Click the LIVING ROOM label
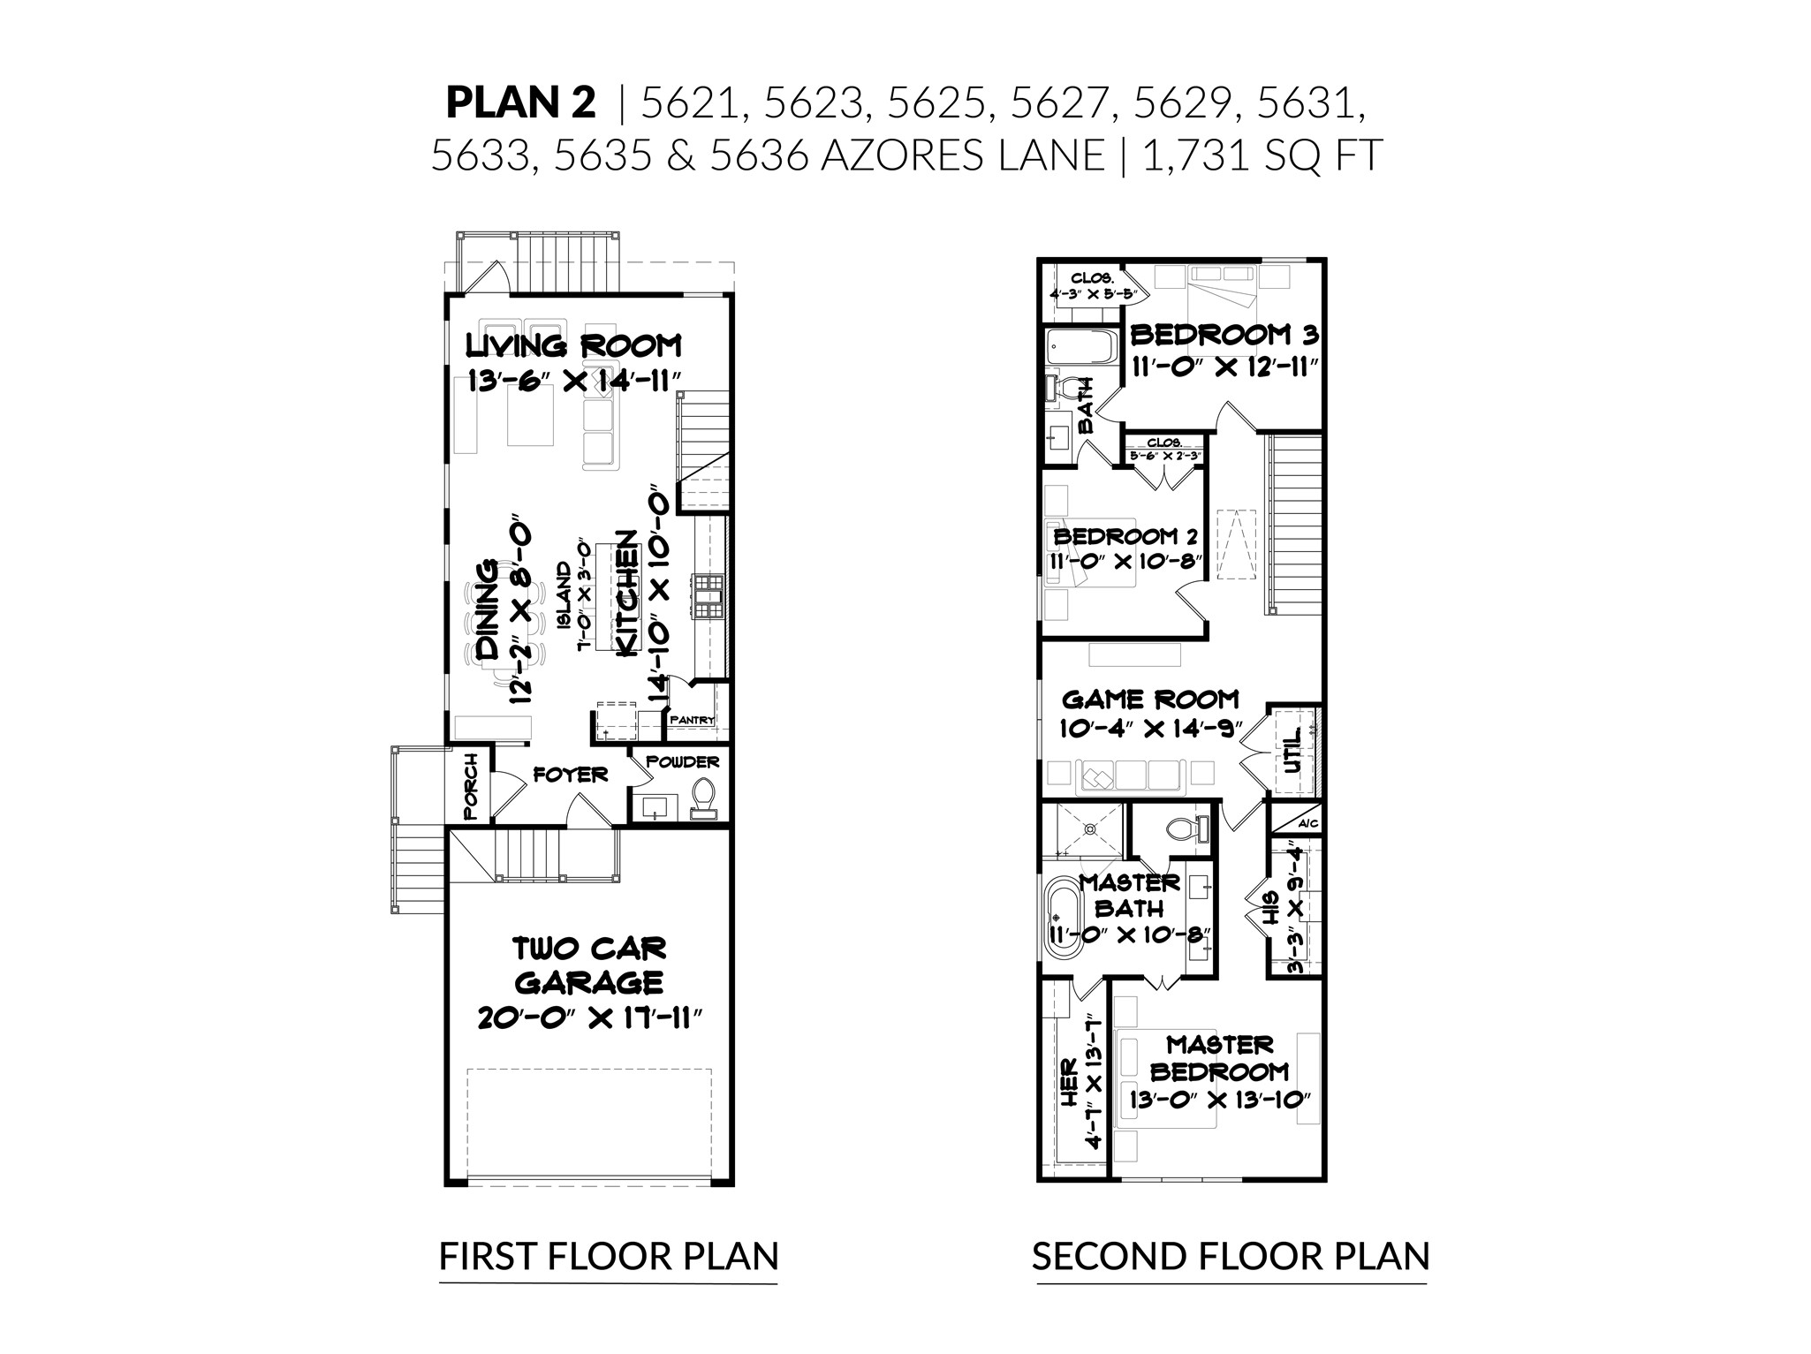(573, 344)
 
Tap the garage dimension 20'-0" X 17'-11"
(589, 1017)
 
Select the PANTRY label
(692, 720)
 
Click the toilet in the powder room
(704, 796)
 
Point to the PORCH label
(469, 785)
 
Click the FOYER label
(571, 775)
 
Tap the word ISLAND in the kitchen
(563, 594)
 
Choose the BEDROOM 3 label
(1224, 335)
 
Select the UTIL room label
(1292, 751)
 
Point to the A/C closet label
(1307, 824)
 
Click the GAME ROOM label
(1150, 700)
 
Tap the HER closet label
(1068, 1084)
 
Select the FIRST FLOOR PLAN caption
(609, 1256)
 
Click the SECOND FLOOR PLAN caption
(1230, 1256)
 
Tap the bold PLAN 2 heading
(520, 102)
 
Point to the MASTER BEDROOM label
(1219, 1058)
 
